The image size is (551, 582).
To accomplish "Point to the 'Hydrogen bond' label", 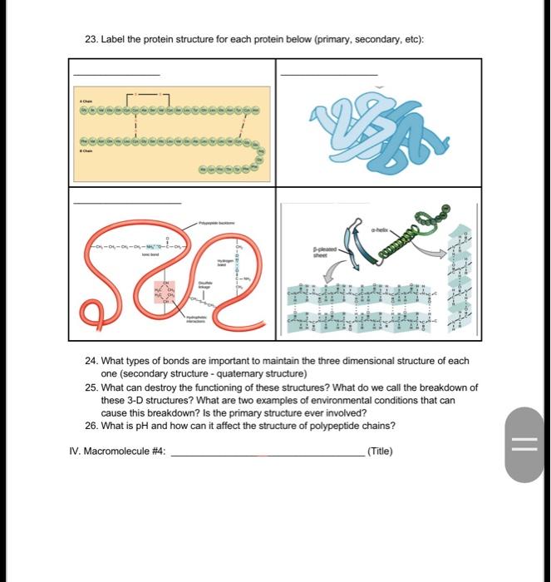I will (223, 263).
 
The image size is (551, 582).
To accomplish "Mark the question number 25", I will (92, 387).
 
